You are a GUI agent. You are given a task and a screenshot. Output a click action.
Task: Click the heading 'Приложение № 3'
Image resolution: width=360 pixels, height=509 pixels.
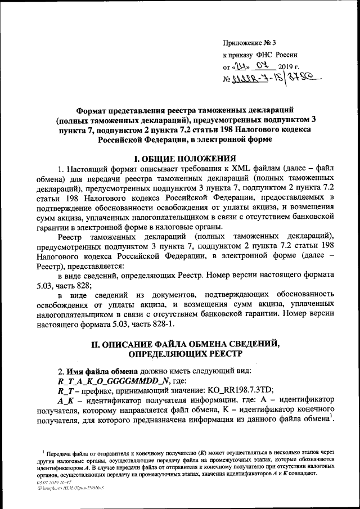246,43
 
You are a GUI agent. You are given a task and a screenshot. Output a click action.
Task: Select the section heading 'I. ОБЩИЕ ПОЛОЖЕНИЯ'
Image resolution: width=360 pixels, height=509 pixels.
179,157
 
